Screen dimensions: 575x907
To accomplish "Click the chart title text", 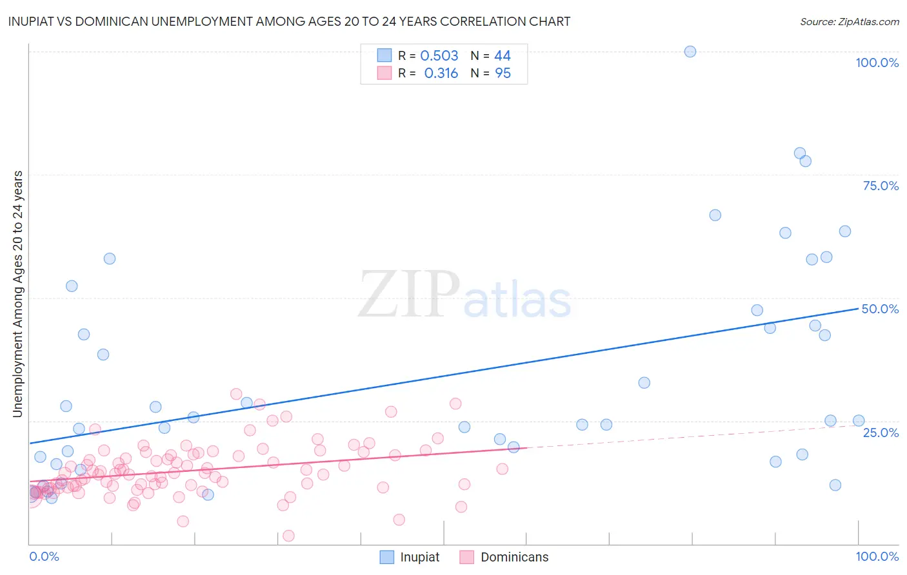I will pos(289,21).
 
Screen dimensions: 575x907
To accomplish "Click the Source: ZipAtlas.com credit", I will pos(849,22).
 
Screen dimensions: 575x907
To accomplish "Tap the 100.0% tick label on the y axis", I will pos(877,63).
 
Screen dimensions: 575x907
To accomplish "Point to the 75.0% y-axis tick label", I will pos(881,186).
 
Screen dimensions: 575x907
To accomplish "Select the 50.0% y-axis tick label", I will pos(880,309).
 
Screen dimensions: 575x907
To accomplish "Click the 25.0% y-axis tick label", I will pos(881,432).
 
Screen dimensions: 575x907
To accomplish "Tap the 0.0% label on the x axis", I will pos(44,556).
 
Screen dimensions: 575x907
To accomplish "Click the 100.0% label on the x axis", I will pos(877,556).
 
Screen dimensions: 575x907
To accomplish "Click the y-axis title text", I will pos(17,294).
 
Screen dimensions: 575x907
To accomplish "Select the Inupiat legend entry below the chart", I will pos(419,557).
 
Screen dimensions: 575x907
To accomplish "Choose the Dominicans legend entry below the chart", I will pos(514,557).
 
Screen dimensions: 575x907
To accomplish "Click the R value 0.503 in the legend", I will pos(439,56).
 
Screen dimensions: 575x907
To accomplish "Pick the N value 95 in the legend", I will pos(503,73).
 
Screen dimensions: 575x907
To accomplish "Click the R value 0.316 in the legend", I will pos(441,73).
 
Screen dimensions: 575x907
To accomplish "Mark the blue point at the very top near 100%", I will pos(690,52).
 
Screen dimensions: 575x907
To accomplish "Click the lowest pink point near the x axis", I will pos(289,536).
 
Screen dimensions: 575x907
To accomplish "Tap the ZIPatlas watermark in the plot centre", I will pos(464,295).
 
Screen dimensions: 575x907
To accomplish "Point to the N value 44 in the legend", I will pos(503,56).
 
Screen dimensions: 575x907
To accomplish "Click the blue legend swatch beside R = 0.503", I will pos(384,55).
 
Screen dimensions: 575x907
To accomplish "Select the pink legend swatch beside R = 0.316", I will pos(384,73).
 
